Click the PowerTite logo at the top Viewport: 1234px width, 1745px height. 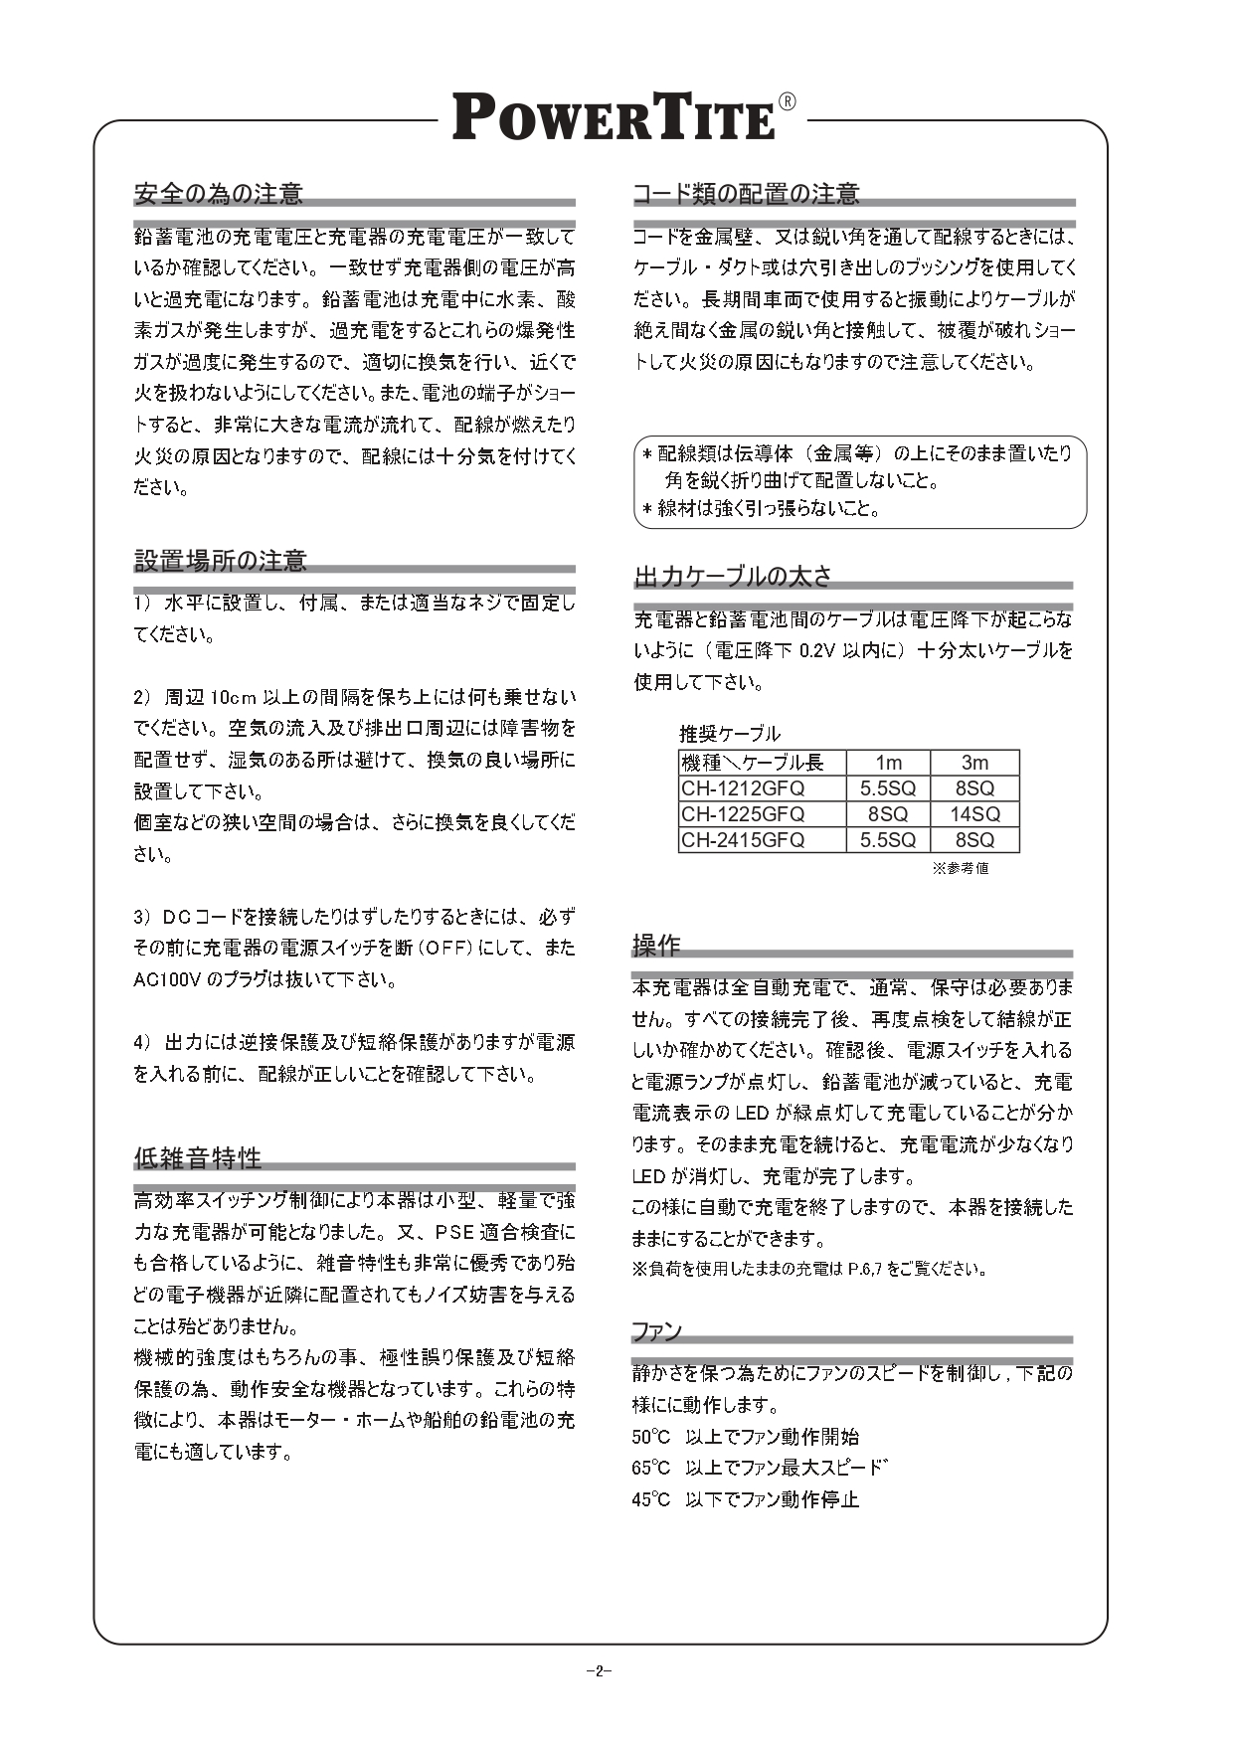615,118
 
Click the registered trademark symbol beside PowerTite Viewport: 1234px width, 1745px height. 786,101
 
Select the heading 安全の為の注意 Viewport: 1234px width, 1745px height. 219,193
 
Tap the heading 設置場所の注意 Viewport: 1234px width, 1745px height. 221,561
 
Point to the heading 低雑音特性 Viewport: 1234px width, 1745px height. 198,1158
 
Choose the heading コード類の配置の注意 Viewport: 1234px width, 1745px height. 747,193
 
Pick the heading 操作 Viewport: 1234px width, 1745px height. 656,944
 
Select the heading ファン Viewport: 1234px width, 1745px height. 657,1331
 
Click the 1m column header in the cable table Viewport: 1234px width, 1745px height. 888,763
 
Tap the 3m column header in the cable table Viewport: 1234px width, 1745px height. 974,763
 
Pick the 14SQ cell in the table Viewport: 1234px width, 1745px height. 974,814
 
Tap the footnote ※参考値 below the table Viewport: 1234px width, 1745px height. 960,868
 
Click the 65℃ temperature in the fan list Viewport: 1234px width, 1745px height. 651,1469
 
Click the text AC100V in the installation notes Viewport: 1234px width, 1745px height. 167,980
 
